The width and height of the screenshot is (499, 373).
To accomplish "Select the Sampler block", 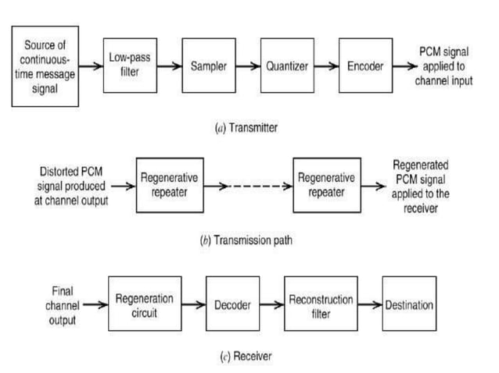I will click(x=208, y=66).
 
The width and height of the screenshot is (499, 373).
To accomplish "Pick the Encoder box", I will click(x=365, y=66).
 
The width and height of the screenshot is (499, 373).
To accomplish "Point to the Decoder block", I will click(x=232, y=304).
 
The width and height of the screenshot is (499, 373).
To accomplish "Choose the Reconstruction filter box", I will click(x=321, y=304).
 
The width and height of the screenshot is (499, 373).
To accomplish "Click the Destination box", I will click(x=409, y=304).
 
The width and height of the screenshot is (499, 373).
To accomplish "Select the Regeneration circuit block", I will click(x=145, y=304).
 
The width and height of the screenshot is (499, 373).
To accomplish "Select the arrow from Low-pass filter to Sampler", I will click(x=170, y=66).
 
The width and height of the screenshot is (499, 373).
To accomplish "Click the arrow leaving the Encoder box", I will click(x=404, y=66).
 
